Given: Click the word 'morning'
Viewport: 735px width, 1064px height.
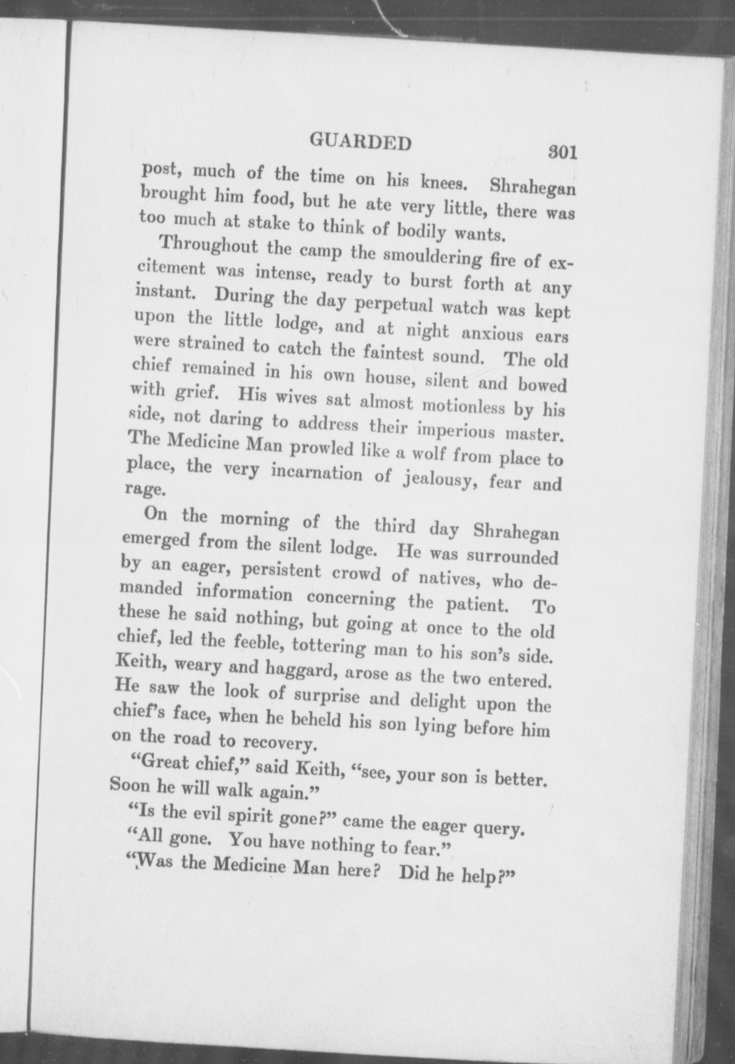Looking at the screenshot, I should (254, 520).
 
